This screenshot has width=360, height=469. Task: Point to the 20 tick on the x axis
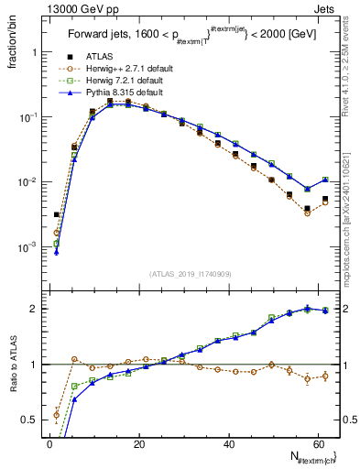pos(138,442)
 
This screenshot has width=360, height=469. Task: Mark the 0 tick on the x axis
pos(49,442)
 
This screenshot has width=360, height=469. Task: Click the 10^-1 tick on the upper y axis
pos(27,117)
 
